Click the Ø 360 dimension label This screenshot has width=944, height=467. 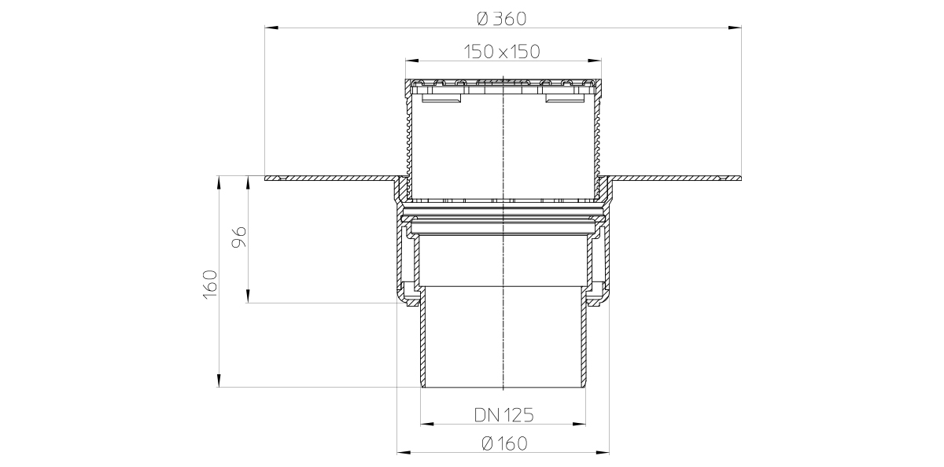pyautogui.click(x=502, y=19)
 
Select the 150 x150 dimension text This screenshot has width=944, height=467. pyautogui.click(x=502, y=52)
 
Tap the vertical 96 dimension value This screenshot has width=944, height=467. pyautogui.click(x=239, y=237)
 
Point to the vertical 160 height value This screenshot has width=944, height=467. pyautogui.click(x=210, y=285)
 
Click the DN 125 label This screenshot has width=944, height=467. pyautogui.click(x=504, y=415)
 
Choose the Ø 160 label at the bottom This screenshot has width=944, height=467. pyautogui.click(x=504, y=443)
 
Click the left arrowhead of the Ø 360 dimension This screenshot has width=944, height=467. pyautogui.click(x=271, y=28)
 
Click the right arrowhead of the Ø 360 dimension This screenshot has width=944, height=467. pyautogui.click(x=735, y=28)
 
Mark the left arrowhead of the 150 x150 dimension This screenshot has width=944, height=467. pyautogui.click(x=412, y=61)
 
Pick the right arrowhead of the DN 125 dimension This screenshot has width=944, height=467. pyautogui.click(x=579, y=424)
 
